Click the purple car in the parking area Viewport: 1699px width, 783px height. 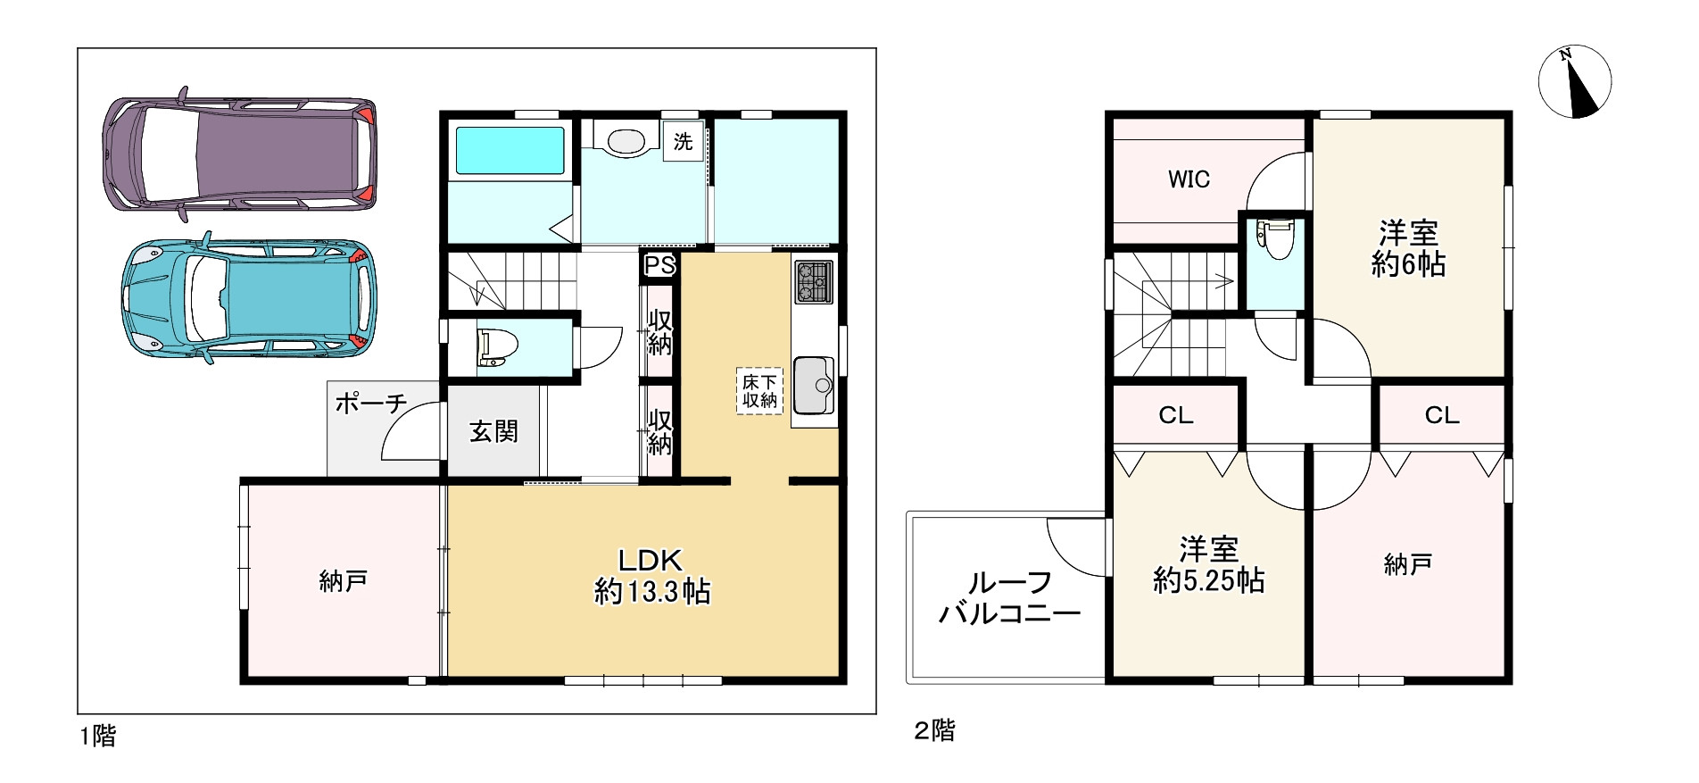[239, 154]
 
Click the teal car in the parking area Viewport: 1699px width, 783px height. [249, 298]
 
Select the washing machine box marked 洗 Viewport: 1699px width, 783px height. [683, 141]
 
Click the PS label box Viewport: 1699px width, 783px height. [660, 266]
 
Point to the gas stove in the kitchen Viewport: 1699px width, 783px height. [813, 281]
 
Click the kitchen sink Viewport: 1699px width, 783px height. [813, 385]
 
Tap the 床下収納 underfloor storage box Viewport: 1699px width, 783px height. [759, 391]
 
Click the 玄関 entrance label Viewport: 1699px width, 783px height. [493, 432]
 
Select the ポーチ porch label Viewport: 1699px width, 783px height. [371, 404]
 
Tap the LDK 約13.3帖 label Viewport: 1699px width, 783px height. [652, 576]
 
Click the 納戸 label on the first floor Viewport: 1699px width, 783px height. [344, 582]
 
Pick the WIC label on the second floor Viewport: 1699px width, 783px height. [1189, 179]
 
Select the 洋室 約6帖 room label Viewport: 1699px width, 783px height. [1408, 249]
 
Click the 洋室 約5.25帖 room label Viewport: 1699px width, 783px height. [1209, 564]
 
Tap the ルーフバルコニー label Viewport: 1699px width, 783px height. [1009, 598]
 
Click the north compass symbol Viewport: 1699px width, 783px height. [1574, 81]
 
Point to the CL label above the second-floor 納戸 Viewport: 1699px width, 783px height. [1442, 415]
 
